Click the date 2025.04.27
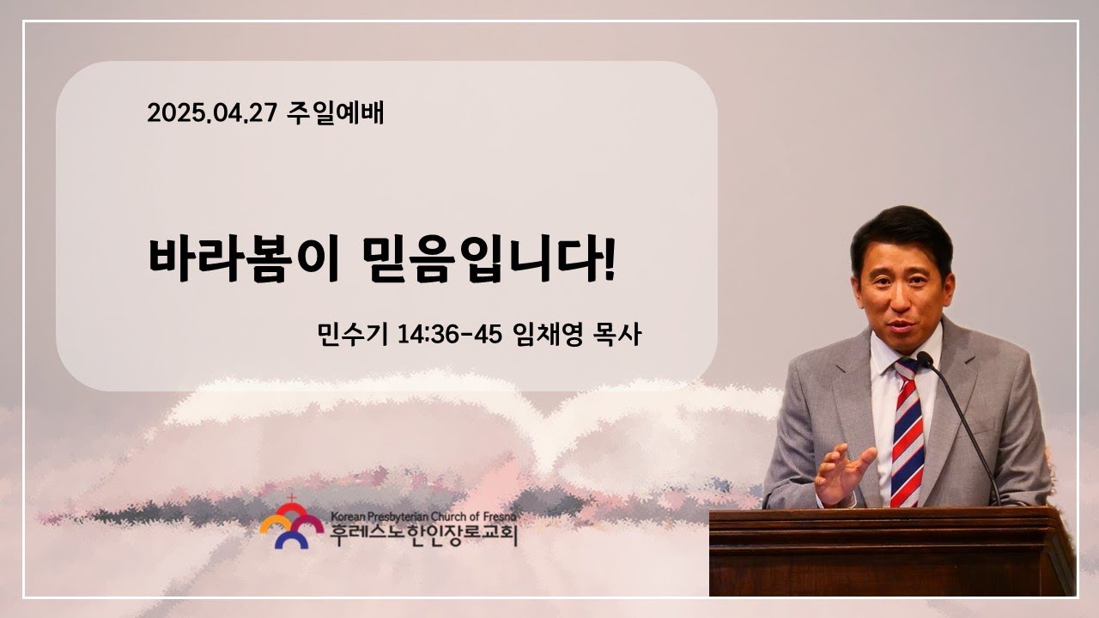(212, 113)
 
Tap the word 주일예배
(335, 112)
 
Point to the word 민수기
(353, 335)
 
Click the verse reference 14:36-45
(450, 335)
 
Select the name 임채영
(547, 335)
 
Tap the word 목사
(617, 335)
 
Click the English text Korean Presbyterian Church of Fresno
(423, 517)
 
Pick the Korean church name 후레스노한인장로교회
(423, 535)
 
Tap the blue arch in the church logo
(291, 540)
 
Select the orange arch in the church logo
(276, 523)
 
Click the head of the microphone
(925, 360)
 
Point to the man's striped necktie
(908, 433)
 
